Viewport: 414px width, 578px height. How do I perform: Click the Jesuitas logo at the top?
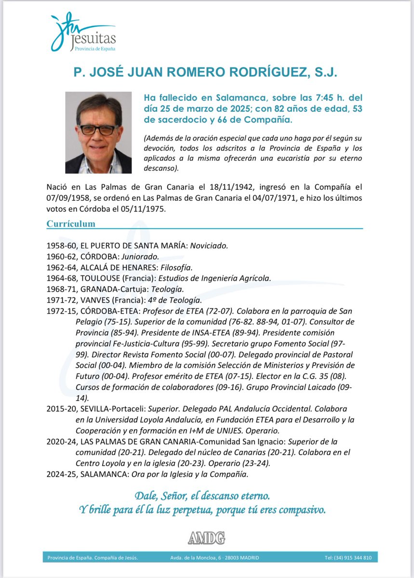coord(82,33)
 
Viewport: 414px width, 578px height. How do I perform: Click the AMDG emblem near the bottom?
coord(206,538)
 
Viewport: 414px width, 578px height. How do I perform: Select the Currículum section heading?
coord(70,224)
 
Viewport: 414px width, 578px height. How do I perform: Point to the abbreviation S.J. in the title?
coord(325,73)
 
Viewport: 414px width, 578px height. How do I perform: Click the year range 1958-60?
coord(62,246)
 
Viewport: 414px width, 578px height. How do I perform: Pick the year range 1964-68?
coord(62,278)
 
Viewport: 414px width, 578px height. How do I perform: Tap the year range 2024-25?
coord(62,474)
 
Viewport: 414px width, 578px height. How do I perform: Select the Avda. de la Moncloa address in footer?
coord(214,558)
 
